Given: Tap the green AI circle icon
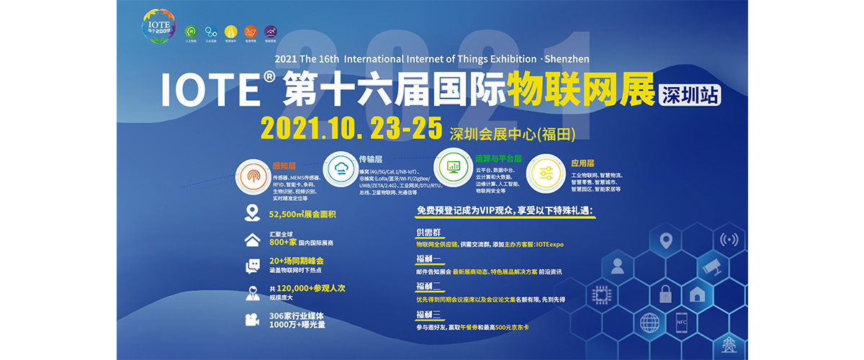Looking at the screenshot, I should pos(192,32).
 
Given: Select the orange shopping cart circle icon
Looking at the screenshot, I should pos(251,32).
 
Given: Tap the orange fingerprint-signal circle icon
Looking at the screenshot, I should pos(254,176).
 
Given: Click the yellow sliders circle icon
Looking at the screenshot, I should pos(545,174).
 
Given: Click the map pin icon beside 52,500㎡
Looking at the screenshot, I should pos(252,213).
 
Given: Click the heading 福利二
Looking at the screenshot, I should pos(428,287).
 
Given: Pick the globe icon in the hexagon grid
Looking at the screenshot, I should pos(649,321).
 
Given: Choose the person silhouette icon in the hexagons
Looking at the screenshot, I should pos(617,266).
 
